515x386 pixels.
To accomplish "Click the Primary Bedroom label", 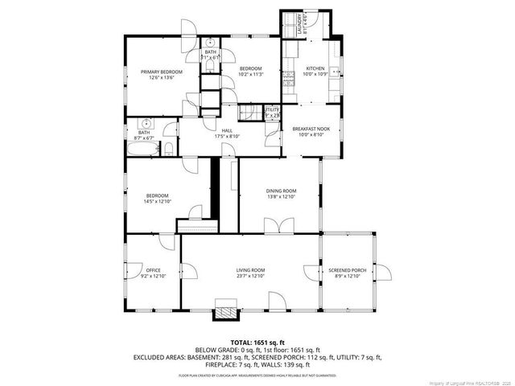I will (x=161, y=72).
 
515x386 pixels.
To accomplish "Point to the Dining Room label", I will (x=282, y=191).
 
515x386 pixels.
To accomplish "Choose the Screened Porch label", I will (x=348, y=270).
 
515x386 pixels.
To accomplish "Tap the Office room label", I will (x=154, y=270).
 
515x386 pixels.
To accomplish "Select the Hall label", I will (x=228, y=130).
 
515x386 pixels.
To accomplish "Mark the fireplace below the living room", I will (x=227, y=310).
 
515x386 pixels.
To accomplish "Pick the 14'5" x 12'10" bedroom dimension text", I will (x=157, y=201).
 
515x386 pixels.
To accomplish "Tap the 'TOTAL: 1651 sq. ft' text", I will (x=257, y=342).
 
